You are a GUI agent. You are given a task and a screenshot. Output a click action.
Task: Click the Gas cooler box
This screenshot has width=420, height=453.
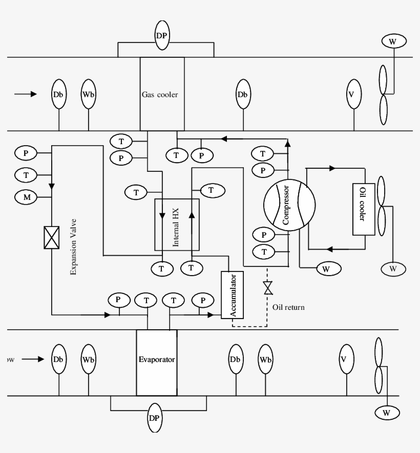(x=162, y=94)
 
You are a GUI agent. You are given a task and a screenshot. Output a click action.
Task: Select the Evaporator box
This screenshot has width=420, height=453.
(x=157, y=362)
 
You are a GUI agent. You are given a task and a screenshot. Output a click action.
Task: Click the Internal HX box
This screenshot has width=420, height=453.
(x=177, y=224)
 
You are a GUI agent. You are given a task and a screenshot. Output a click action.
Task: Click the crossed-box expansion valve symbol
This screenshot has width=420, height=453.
(x=52, y=238)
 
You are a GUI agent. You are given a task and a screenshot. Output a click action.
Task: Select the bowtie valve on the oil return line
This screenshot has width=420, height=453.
(x=267, y=288)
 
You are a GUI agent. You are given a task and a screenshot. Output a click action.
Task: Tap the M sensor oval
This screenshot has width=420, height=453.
(x=26, y=196)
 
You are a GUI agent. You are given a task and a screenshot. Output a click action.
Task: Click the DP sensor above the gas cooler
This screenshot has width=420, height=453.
(x=162, y=35)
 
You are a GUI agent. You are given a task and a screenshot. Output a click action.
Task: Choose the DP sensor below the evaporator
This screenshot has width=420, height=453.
(x=155, y=418)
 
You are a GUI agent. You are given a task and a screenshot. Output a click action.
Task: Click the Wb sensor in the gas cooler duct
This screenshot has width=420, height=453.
(x=89, y=94)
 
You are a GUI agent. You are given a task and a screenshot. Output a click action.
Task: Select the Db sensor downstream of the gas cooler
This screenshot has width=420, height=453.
(x=243, y=94)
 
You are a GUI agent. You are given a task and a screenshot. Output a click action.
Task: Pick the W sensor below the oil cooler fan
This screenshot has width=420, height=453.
(x=393, y=268)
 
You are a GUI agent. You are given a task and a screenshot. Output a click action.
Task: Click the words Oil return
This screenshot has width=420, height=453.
(x=288, y=307)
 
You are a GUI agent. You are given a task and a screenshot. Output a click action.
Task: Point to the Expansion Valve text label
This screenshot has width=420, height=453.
(x=73, y=247)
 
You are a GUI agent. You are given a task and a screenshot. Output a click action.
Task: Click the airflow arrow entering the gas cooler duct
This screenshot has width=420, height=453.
(x=26, y=94)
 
